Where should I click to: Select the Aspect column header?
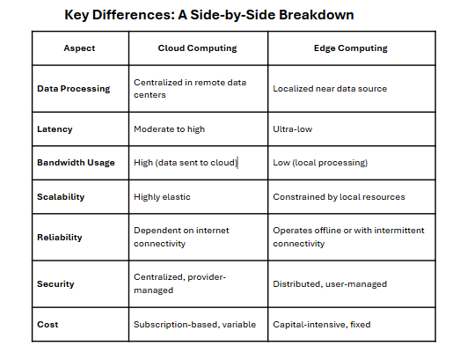point(79,48)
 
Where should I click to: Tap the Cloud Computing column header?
point(197,48)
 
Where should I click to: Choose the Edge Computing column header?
point(351,48)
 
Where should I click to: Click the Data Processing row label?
point(73,89)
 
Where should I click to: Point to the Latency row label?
point(55,129)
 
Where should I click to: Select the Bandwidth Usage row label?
point(76,163)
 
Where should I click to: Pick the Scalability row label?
point(61,196)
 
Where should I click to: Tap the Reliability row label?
point(59,238)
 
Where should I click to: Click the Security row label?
point(55,283)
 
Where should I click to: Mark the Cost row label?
point(47,324)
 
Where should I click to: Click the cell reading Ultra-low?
point(293,129)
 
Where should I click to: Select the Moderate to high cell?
point(169,129)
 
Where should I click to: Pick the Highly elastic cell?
point(162,196)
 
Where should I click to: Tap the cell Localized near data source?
point(330,89)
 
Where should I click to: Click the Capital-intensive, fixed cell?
point(322,324)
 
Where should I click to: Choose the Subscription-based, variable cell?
point(194,324)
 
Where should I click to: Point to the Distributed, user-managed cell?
point(330,283)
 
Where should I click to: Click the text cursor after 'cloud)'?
point(237,163)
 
